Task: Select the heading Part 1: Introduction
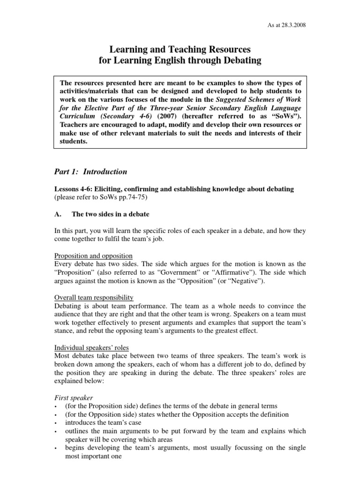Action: tap(91, 172)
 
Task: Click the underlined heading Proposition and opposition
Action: tap(93, 256)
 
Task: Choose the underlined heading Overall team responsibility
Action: tap(94, 298)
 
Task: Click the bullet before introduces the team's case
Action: tap(56, 423)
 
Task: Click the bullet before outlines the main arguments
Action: tap(56, 432)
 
